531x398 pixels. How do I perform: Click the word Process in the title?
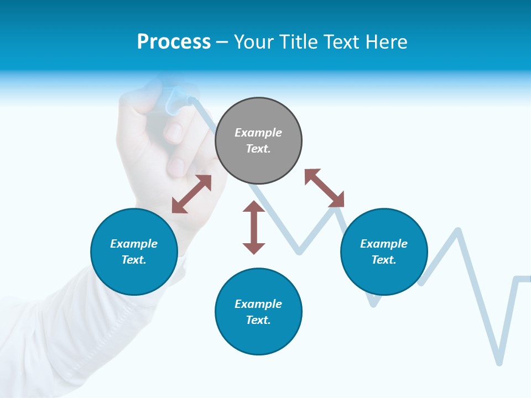tap(174, 42)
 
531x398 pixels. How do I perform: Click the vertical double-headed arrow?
tap(254, 227)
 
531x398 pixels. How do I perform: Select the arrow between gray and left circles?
tap(191, 194)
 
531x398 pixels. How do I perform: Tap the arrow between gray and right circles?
tap(324, 188)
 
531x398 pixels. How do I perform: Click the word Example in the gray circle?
tap(258, 133)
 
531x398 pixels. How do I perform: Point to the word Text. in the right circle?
tap(384, 260)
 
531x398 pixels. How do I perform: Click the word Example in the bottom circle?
tap(258, 304)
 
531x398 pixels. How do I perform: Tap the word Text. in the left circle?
tap(134, 260)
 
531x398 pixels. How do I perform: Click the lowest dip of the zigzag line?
tap(499, 362)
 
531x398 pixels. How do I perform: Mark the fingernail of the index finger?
tap(175, 133)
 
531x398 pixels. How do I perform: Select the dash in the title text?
tap(222, 43)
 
